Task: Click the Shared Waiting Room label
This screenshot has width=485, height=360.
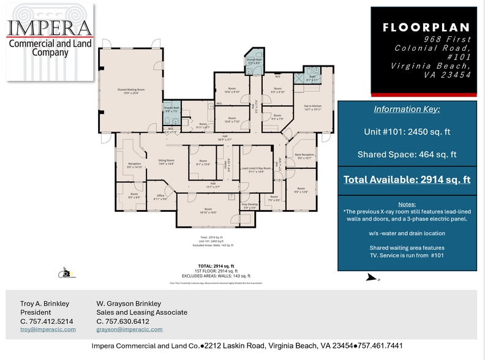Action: pyautogui.click(x=131, y=91)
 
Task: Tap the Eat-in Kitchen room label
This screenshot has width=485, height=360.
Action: pyautogui.click(x=313, y=107)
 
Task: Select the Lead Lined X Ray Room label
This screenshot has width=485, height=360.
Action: pyautogui.click(x=256, y=169)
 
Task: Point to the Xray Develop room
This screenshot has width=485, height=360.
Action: pyautogui.click(x=249, y=206)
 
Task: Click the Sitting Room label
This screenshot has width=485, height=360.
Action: pyautogui.click(x=167, y=162)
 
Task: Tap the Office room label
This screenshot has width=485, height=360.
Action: pyautogui.click(x=160, y=197)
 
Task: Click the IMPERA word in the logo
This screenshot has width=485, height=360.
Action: pyautogui.click(x=49, y=28)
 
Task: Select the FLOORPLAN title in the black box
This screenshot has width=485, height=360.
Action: pyautogui.click(x=426, y=28)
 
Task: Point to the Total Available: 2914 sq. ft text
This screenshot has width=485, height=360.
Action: pyautogui.click(x=407, y=179)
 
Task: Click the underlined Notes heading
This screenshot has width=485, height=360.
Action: pyautogui.click(x=407, y=204)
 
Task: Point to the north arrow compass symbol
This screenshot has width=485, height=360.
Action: pyautogui.click(x=371, y=278)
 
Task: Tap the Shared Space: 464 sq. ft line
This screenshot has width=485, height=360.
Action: pyautogui.click(x=407, y=155)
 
